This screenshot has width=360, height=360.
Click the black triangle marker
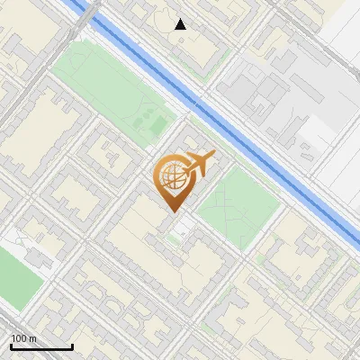coord(181,24)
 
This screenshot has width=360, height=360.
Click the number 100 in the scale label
coord(19,338)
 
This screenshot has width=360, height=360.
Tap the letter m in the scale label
coord(32,338)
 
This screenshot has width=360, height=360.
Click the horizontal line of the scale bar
coord(41,347)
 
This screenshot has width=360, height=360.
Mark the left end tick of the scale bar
coord(11,345)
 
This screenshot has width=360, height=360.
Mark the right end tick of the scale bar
coord(72,345)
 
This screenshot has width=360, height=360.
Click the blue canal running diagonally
coord(225,117)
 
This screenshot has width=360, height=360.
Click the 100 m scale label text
coord(23,338)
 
